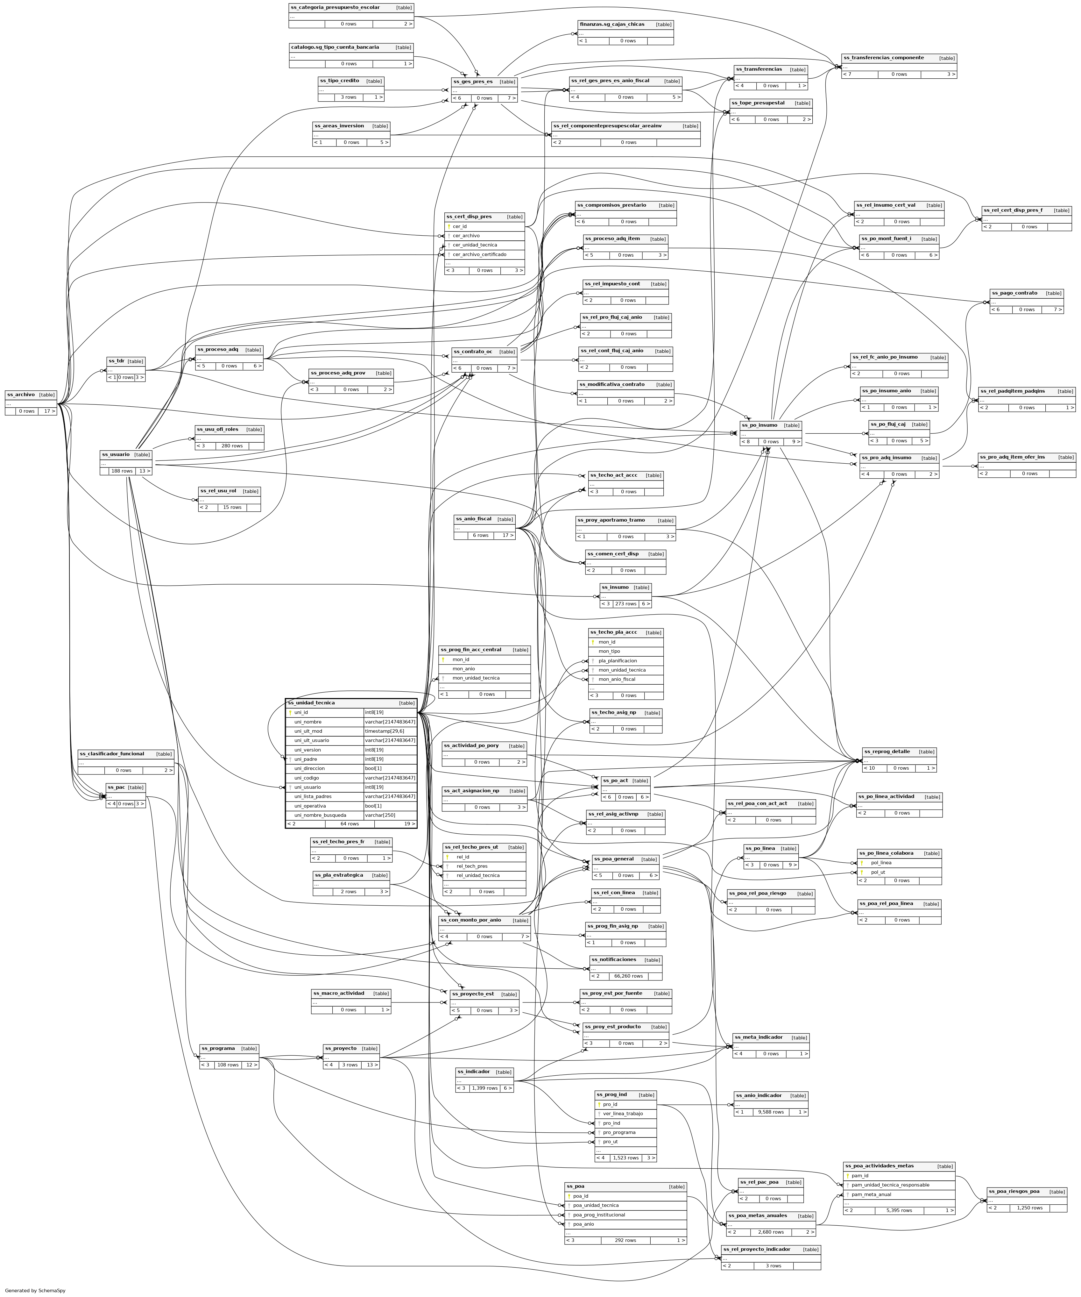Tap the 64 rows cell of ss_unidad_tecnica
[x=350, y=824]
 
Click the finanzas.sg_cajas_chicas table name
[x=611, y=25]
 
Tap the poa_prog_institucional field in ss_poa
[x=599, y=1215]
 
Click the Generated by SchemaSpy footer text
[x=35, y=1290]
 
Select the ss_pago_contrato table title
[x=1014, y=293]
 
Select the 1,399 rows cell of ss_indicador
[x=484, y=1088]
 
